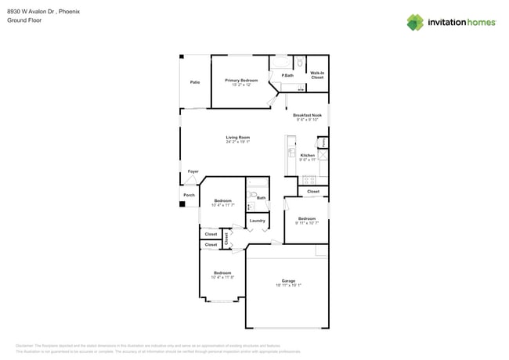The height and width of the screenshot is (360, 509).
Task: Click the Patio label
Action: pos(194,82)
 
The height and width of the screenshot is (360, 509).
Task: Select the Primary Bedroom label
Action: pos(241,81)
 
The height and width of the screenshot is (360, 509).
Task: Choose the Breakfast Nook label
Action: pos(307,115)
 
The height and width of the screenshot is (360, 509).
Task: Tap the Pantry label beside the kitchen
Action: pos(322,142)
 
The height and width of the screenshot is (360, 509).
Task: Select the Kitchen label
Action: pos(308,155)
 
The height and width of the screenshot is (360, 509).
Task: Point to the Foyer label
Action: pos(193,171)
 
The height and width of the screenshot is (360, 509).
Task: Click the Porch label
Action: pos(189,195)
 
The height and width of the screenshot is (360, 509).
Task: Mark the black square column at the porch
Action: pos(182,204)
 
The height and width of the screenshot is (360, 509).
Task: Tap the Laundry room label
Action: pos(257,221)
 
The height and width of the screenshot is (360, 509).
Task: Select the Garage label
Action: pos(288,280)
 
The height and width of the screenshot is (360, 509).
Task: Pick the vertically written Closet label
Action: pos(226,239)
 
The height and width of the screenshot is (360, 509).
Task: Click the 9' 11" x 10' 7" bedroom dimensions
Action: pos(306,223)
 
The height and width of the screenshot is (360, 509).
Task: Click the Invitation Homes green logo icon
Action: pos(415,23)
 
